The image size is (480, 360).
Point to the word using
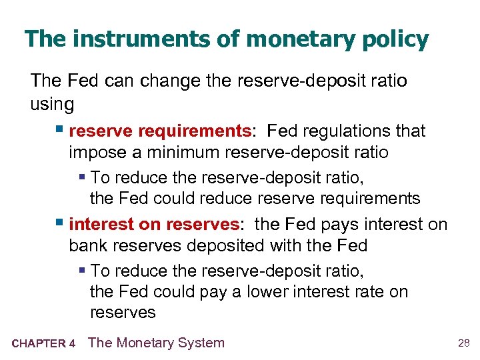click(x=52, y=103)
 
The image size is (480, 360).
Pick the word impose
click(x=97, y=152)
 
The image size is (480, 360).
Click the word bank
click(x=87, y=245)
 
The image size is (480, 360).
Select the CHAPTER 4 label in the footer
click(x=43, y=344)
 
